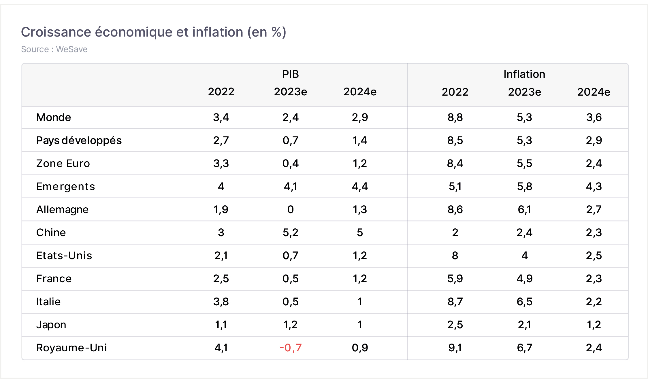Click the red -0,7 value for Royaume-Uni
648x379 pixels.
pos(291,348)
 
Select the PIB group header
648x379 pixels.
pos(291,74)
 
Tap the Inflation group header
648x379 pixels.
pos(524,74)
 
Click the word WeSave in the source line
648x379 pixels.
pos(72,49)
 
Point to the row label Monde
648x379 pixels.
pos(54,118)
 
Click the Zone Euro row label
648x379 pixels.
pos(63,164)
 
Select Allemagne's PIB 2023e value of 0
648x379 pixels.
pos(291,210)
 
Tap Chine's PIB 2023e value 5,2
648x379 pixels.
pos(291,233)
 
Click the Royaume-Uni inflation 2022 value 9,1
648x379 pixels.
pos(455,348)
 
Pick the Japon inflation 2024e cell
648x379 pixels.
pos(594,325)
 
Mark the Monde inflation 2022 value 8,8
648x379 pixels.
pos(455,118)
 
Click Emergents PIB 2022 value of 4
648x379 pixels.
pos(221,187)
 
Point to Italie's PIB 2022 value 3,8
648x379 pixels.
pos(221,302)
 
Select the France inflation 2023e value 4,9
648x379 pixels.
pos(524,279)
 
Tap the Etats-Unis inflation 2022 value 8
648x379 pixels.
pos(455,256)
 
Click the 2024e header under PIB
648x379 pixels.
pos(360,92)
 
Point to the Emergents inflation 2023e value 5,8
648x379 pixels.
pos(524,187)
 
